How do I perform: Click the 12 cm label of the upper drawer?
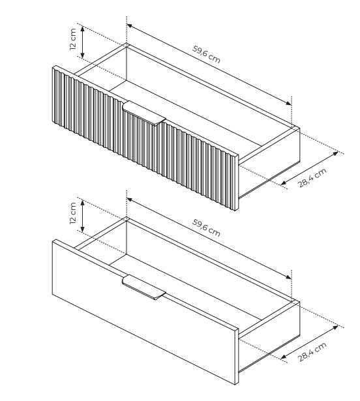pos(73,39)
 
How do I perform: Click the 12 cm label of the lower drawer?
pos(73,213)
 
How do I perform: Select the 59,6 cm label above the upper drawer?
pos(206,55)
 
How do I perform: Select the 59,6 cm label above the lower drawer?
pos(206,228)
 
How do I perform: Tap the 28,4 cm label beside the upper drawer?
pos(312,178)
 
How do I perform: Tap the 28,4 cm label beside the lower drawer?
pos(312,352)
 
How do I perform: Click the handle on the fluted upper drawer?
pos(143,113)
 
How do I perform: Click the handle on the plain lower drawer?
pos(143,287)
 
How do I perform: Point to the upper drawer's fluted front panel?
pos(145,138)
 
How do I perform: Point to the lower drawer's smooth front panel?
pos(145,312)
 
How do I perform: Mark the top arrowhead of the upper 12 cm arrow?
pos(82,28)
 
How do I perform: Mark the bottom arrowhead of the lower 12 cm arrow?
pos(82,230)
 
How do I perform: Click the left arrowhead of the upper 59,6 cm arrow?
pos(129,25)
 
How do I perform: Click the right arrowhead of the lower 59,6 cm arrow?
pos(289,277)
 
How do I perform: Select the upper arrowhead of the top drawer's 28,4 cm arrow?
pos(335,153)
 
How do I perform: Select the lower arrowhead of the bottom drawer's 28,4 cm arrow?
pos(283,357)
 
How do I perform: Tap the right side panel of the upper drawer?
pos(269,163)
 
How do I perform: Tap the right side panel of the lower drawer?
pos(269,337)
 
